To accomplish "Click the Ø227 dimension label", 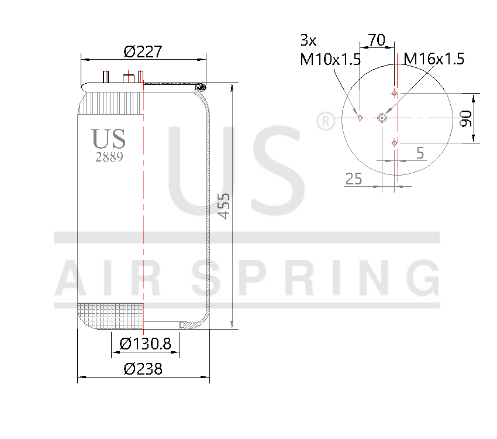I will pos(143,52).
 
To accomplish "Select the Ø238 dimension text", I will pos(143,369).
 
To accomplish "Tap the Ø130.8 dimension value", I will pos(145,344).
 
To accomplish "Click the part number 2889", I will pos(109,157).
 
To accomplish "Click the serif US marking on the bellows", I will pos(109,139).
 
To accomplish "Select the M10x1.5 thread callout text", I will pos(330,59).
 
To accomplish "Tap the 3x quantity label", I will pos(308,40).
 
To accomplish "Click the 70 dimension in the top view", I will pos(377,40).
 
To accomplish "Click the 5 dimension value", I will pos(420,153).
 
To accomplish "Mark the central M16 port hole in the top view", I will pos(382,118).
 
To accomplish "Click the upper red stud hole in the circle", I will pos(395,93).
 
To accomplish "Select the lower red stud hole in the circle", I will pos(395,143).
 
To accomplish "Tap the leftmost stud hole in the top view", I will pos(360,118).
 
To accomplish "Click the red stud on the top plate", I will pos(140,77).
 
